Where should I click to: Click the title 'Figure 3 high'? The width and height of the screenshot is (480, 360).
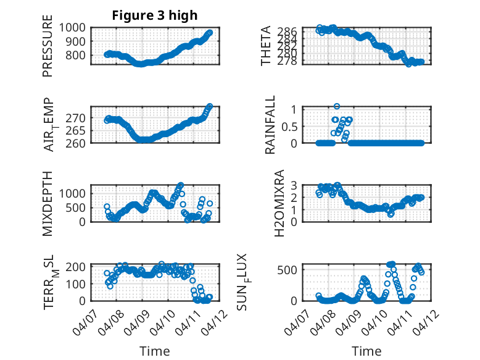[154, 15]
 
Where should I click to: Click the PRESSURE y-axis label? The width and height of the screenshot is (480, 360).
[48, 50]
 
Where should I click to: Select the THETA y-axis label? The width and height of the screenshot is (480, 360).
[266, 46]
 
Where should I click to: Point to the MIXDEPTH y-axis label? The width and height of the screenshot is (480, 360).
[48, 203]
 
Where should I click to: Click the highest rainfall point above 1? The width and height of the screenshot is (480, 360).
[337, 106]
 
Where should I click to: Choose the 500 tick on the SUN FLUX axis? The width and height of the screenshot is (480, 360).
[290, 269]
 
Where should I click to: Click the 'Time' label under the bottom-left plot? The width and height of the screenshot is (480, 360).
[154, 351]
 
